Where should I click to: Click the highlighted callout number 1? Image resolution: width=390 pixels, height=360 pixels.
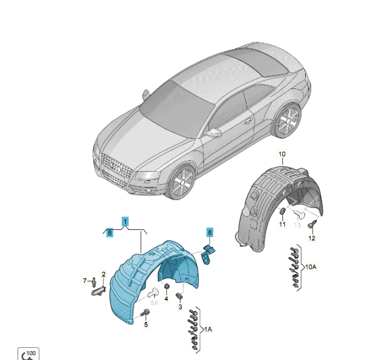(125, 221)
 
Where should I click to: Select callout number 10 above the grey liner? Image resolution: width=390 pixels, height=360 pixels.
(282, 154)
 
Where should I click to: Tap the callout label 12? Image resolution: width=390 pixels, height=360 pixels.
(312, 238)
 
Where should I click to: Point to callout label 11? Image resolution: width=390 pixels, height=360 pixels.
(282, 224)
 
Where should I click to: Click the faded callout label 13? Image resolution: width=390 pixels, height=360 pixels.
(297, 225)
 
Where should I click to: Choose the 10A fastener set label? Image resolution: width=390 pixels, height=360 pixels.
(311, 267)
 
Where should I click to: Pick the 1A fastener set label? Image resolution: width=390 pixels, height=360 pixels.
(208, 329)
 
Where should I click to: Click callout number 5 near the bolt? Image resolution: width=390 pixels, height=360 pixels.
(146, 324)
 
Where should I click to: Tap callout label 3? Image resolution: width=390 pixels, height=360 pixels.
(180, 307)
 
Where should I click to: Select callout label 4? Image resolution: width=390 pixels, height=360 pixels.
(166, 298)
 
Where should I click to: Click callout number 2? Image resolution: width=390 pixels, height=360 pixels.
(104, 274)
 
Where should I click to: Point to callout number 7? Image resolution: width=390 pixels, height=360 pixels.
(85, 281)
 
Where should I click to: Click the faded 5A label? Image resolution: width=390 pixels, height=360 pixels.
(154, 303)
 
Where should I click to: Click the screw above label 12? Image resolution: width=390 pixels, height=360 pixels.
(312, 224)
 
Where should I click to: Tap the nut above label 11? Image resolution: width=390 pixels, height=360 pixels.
(283, 211)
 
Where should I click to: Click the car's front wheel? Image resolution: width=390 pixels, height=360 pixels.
(181, 182)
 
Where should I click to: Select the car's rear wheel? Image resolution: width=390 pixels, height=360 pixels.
(288, 121)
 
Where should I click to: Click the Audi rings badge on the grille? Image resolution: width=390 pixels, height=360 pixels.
(116, 168)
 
